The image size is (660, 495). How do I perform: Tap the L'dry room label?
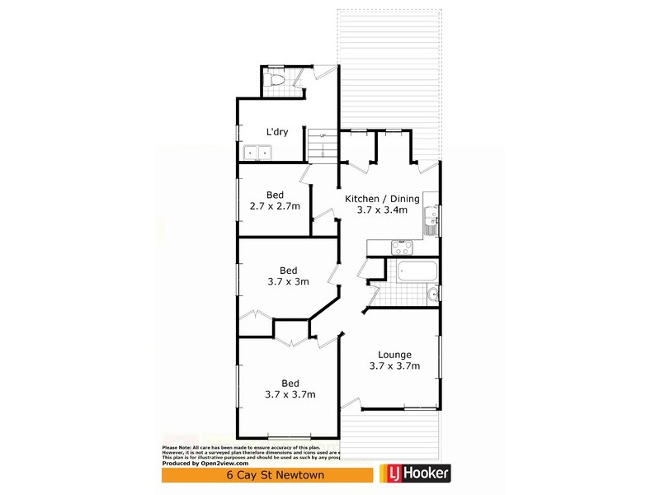(276, 132)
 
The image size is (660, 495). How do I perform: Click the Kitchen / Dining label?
(382, 199)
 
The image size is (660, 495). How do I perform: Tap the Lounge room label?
(395, 355)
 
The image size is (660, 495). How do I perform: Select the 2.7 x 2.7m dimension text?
(275, 206)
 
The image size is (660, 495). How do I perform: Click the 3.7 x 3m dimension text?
(288, 281)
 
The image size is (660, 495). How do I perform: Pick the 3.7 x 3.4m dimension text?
(382, 210)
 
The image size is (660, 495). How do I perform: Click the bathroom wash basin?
(432, 294)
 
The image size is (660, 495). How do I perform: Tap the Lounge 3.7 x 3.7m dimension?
(395, 366)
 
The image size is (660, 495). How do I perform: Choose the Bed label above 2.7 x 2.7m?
(275, 195)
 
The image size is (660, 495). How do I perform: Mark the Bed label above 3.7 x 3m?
(288, 270)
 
